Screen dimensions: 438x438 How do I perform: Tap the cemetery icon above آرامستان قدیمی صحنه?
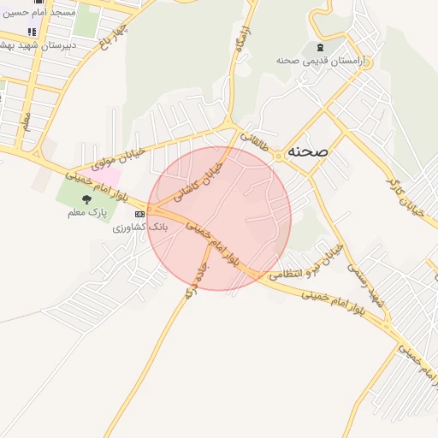[320, 46]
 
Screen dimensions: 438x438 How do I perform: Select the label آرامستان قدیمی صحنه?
[320, 62]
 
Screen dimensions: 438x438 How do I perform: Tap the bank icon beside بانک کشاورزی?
[139, 216]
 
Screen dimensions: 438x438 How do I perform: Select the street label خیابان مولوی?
[102, 154]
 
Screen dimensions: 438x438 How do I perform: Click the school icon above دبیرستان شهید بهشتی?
[33, 32]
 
